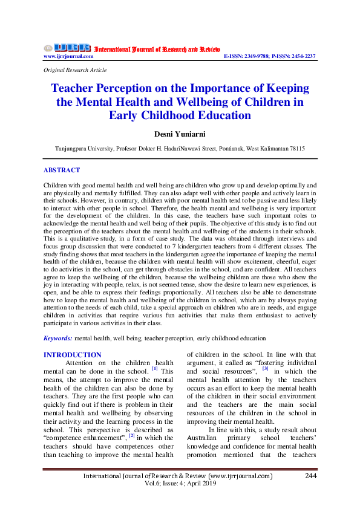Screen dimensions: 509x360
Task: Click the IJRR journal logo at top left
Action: (x=67, y=48)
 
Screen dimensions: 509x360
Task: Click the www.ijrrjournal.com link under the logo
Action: (x=68, y=56)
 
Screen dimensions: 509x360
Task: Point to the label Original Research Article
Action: (x=71, y=71)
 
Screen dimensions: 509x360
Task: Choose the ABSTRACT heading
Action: (x=61, y=170)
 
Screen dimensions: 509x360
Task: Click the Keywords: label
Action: (x=58, y=339)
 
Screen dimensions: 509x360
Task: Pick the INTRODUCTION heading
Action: (x=73, y=355)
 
